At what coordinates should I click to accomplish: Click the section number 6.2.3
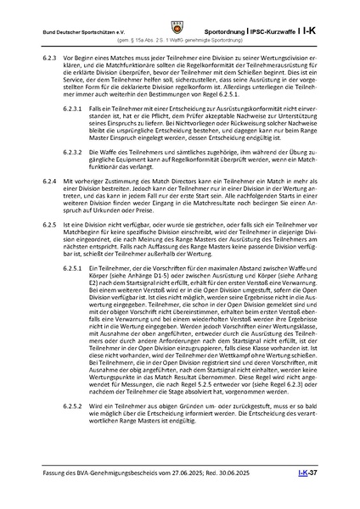51,57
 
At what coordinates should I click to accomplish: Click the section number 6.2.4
51,205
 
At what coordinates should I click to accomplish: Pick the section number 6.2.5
51,245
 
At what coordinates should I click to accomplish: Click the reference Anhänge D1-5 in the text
200,299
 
